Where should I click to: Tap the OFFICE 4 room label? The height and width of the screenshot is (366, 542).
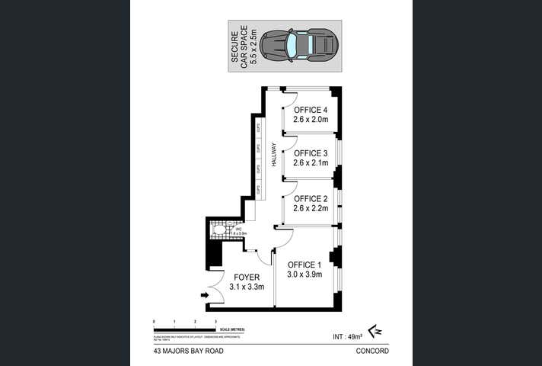(x=310, y=109)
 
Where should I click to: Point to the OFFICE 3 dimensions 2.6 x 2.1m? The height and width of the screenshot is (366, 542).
(x=310, y=163)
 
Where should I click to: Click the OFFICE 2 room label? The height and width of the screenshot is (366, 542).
(x=310, y=199)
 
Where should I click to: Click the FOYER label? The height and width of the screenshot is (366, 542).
(x=247, y=277)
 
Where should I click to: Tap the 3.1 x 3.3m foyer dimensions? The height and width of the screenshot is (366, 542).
(x=247, y=287)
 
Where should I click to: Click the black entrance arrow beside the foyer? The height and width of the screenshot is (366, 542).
(x=204, y=295)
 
